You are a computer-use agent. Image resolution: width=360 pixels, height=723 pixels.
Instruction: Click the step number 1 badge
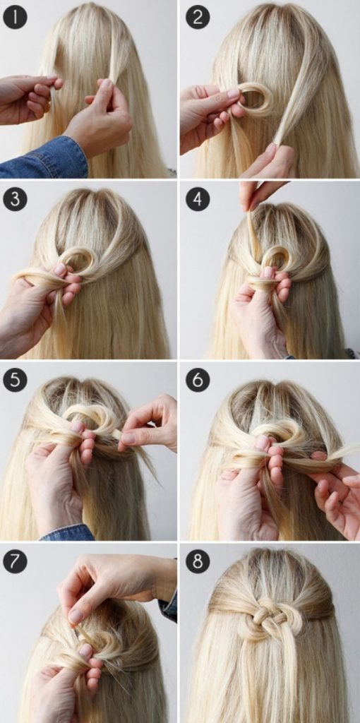(x=16, y=18)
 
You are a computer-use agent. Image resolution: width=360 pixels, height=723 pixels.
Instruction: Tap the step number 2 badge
(x=197, y=18)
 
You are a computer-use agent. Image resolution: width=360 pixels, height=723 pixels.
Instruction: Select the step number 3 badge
(x=16, y=200)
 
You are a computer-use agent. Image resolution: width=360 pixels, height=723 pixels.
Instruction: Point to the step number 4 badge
(x=197, y=200)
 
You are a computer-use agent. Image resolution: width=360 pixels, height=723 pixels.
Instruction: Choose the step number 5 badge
(x=16, y=381)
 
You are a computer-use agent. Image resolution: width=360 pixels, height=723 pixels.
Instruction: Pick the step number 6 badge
(x=197, y=381)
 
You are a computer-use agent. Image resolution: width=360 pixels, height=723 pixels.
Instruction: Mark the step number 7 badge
(x=16, y=561)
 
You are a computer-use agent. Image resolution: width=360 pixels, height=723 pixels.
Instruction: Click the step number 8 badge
(x=197, y=561)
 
